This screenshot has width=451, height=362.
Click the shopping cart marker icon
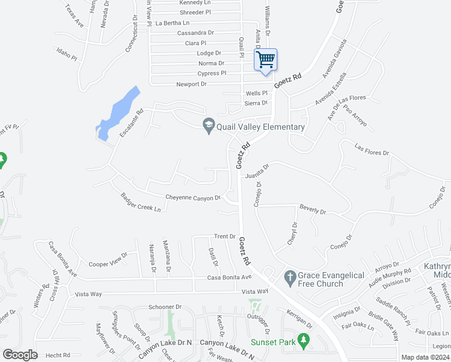[x=266, y=60]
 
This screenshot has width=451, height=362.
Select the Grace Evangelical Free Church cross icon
[x=290, y=278]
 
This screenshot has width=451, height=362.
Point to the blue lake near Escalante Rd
[x=118, y=113]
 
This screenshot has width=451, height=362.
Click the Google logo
[x=20, y=355]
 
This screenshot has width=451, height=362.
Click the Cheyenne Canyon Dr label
[x=193, y=197]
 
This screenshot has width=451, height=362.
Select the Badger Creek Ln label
[x=141, y=202]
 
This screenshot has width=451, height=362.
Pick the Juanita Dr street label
[x=257, y=171]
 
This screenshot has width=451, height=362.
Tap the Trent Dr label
[x=224, y=237]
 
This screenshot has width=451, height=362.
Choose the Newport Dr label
[x=192, y=84]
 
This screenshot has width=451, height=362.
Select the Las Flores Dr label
[x=372, y=150]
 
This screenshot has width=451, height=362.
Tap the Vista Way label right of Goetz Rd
[x=254, y=291]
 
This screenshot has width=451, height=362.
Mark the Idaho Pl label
[x=66, y=54]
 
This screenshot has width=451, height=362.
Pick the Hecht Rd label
[x=58, y=355]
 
